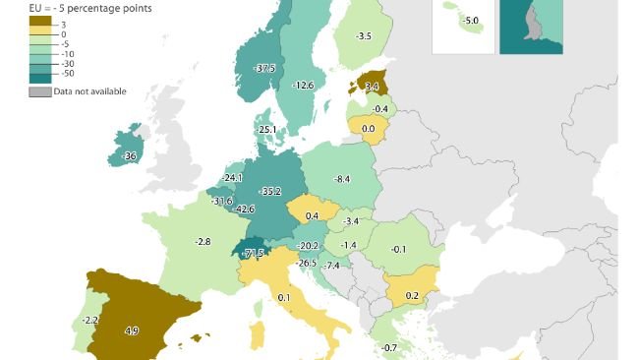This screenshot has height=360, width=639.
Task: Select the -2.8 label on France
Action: (x=203, y=241)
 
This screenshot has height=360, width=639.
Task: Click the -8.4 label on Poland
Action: (x=342, y=178)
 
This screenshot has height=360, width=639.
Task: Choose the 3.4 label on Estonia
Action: (x=371, y=87)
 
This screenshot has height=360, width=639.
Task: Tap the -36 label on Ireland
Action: (x=128, y=156)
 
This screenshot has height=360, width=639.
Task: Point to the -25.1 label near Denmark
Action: (x=266, y=129)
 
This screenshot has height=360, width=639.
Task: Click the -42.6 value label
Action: (x=245, y=209)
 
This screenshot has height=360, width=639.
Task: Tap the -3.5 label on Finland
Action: (x=363, y=36)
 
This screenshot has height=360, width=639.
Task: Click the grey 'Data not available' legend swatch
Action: (x=39, y=90)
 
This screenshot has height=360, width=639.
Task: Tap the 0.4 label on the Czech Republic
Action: (x=312, y=215)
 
